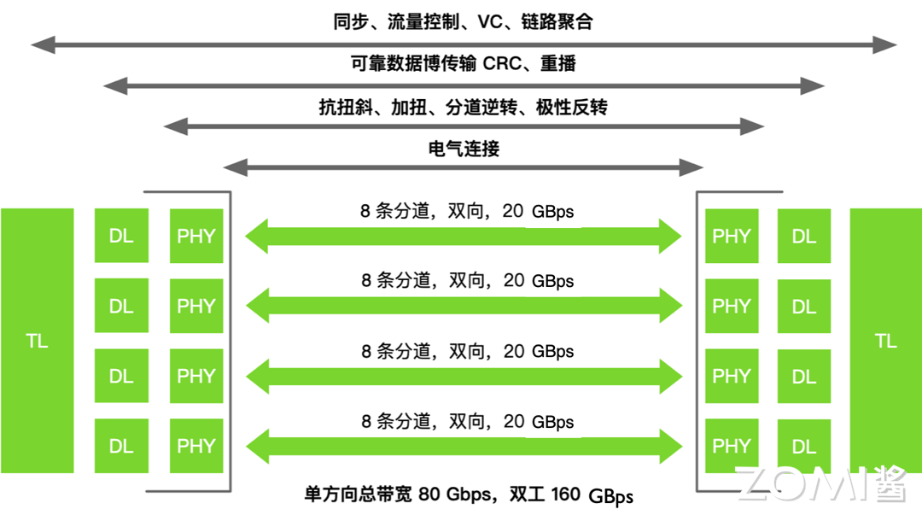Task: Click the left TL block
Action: pos(37,341)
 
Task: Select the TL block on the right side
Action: pos(885,341)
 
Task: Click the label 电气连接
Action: pos(464,149)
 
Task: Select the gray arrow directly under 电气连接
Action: pos(464,167)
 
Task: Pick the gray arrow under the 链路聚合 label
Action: pos(464,44)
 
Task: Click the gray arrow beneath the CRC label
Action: pos(464,85)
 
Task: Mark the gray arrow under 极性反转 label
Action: pos(464,127)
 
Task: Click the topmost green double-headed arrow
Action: pos(464,236)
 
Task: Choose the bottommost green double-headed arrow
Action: pos(464,445)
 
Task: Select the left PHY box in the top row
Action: pos(196,236)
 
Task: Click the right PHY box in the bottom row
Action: pos(731,445)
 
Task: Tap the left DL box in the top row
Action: pos(121,236)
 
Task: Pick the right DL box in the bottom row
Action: pos(804,445)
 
